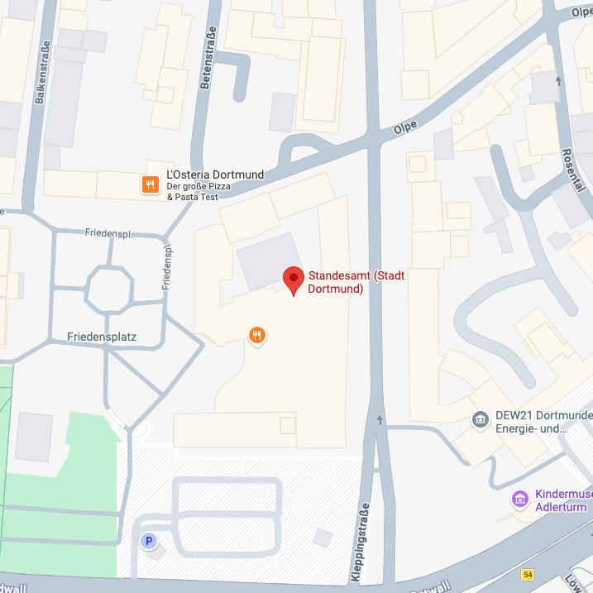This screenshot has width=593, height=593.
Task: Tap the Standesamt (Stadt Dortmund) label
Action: click(x=356, y=282)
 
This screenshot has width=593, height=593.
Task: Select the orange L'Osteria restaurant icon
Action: click(x=150, y=184)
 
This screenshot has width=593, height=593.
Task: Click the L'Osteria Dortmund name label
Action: click(x=215, y=175)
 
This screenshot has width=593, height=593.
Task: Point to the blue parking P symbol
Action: click(x=149, y=542)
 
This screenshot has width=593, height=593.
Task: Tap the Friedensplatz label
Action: click(x=102, y=337)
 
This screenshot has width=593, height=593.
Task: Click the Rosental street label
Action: click(x=568, y=170)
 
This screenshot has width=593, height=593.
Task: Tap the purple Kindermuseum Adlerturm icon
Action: click(x=519, y=500)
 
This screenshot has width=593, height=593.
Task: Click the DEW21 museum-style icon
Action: click(x=480, y=420)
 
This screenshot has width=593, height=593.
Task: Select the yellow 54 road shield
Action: click(x=528, y=574)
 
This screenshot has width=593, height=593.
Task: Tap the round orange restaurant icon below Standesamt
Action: click(x=258, y=335)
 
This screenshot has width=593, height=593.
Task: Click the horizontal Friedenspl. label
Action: click(x=108, y=233)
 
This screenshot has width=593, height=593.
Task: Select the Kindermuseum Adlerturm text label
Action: click(x=562, y=500)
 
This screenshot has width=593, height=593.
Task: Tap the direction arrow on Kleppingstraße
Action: click(x=380, y=420)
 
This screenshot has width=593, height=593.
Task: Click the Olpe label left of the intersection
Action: click(x=404, y=127)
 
